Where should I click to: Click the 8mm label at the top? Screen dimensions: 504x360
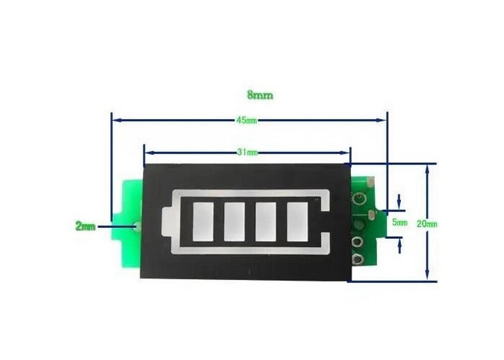(260, 95)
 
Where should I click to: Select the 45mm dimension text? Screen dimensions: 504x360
(246, 120)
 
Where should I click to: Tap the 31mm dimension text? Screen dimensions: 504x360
(247, 152)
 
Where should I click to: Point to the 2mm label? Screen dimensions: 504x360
(86, 226)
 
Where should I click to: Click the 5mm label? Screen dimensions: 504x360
(400, 222)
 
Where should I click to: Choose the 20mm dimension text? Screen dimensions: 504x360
(427, 224)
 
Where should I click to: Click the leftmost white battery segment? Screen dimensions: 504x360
(203, 221)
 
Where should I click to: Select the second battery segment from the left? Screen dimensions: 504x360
(235, 221)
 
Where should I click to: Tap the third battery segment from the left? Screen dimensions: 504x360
(266, 221)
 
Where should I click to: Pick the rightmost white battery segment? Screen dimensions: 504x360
(297, 221)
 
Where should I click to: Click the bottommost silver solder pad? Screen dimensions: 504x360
(358, 259)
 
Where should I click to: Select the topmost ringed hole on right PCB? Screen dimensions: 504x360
(358, 198)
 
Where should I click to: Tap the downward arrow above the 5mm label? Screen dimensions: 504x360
(399, 201)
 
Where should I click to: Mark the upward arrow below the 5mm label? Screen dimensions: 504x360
(399, 246)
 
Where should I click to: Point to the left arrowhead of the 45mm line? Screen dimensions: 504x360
(116, 121)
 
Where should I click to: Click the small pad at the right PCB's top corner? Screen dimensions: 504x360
(370, 182)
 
